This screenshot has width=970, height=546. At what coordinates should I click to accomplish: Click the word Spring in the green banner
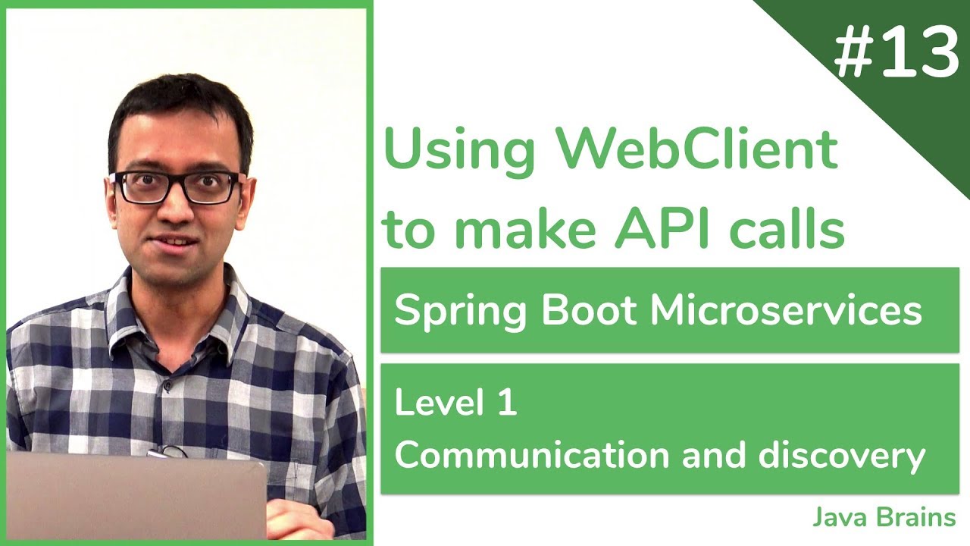[x=443, y=312]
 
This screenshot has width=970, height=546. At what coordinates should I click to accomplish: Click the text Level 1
[x=455, y=403]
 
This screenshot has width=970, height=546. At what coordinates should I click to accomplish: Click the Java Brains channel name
[x=884, y=518]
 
